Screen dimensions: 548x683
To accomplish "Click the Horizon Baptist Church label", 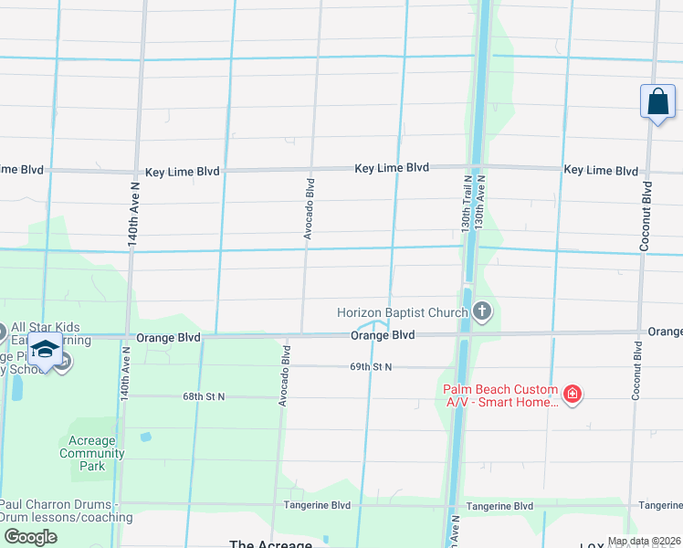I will pyautogui.click(x=402, y=312).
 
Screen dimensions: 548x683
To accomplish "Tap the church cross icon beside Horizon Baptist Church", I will pyautogui.click(x=482, y=313).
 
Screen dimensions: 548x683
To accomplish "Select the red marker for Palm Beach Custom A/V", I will pyautogui.click(x=573, y=395).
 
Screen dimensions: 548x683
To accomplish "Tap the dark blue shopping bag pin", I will pyautogui.click(x=657, y=102).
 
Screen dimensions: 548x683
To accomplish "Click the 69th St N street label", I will pyautogui.click(x=370, y=366).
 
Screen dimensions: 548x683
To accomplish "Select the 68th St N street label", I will pyautogui.click(x=203, y=396).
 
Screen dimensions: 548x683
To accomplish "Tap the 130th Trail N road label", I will pyautogui.click(x=465, y=203).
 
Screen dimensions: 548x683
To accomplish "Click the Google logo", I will pyautogui.click(x=30, y=536).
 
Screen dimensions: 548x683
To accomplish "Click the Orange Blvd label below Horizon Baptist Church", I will pyautogui.click(x=384, y=335).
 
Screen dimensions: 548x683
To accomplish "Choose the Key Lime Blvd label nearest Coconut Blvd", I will pyautogui.click(x=601, y=171).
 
